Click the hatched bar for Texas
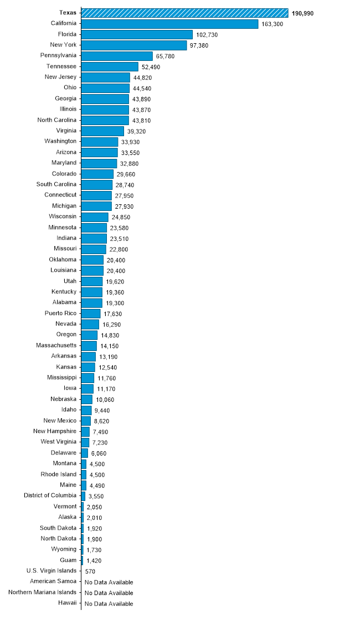[x=184, y=13]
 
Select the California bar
[x=169, y=24]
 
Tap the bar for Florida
[x=137, y=34]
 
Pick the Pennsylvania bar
[x=117, y=56]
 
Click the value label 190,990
[x=302, y=13]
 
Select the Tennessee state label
[x=61, y=66]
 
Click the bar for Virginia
[x=102, y=131]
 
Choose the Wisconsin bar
[x=95, y=216]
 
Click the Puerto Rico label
[x=60, y=313]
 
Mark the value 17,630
[x=112, y=313]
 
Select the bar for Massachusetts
[x=89, y=345]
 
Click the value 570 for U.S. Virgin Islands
[x=90, y=571]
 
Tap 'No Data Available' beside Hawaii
[x=109, y=603]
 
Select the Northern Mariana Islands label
[x=43, y=592]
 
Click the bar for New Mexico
[x=86, y=421]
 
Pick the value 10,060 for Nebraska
[x=105, y=400]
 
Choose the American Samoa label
[x=54, y=581]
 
